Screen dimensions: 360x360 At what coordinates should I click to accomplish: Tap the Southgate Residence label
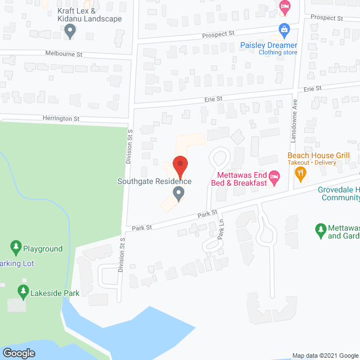coord(154,181)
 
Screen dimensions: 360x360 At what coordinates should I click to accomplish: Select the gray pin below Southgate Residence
coord(179,194)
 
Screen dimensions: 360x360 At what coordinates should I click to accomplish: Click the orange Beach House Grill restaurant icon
coord(301,174)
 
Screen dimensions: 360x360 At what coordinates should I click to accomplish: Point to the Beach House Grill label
coord(318,155)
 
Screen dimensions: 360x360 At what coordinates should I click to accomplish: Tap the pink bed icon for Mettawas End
coord(274,178)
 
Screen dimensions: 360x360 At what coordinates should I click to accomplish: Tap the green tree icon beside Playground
coord(16,247)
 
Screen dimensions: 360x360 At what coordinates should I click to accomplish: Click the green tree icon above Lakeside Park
coord(23,291)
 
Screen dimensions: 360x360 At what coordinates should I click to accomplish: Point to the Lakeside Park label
coord(55,292)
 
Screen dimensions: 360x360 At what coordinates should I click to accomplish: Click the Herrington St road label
coord(61,119)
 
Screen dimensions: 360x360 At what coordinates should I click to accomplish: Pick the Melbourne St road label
coord(64,54)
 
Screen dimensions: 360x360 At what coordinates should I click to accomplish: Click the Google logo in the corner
coord(18,353)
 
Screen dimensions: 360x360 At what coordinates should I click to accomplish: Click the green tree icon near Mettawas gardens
coord(321,229)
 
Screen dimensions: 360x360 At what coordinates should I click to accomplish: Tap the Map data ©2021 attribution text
coord(325,355)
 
